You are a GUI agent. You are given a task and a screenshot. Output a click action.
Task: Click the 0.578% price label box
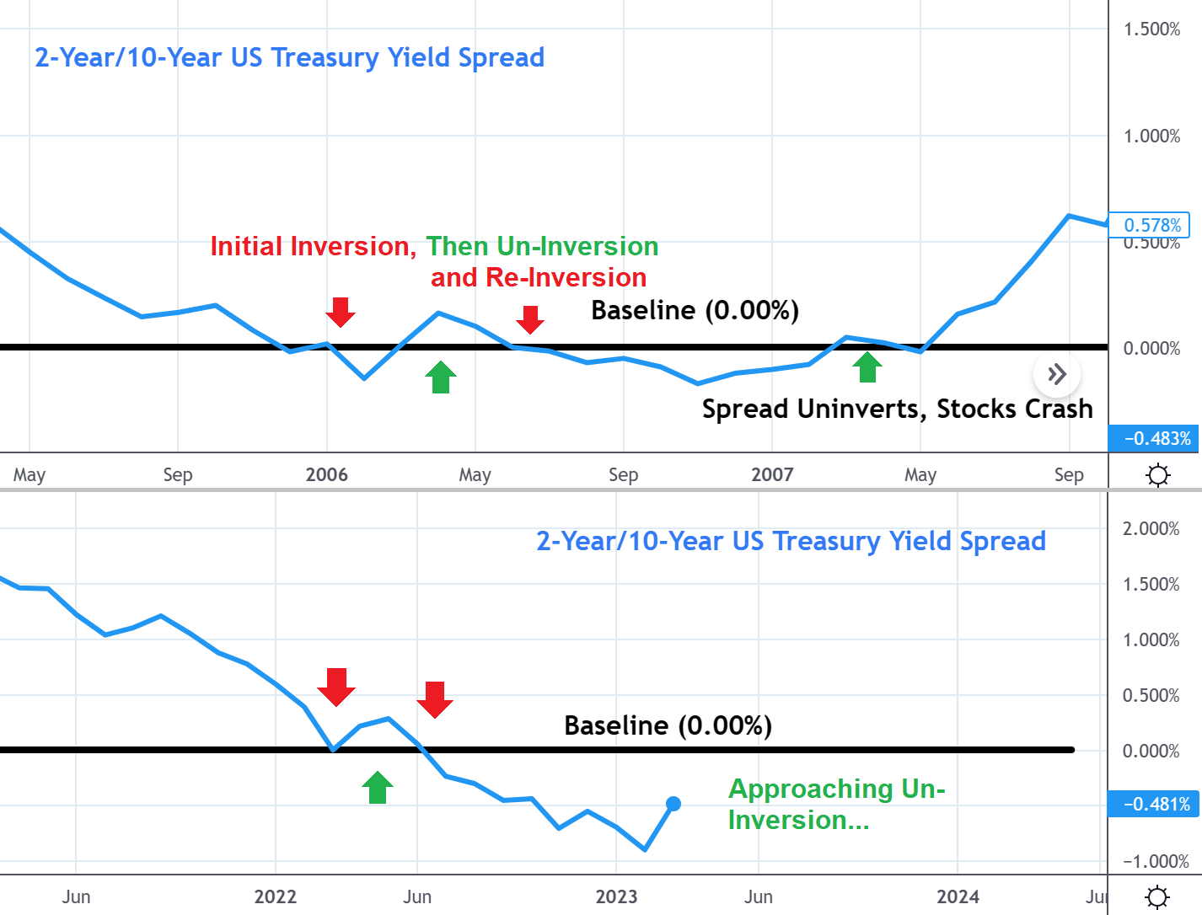coord(1149,225)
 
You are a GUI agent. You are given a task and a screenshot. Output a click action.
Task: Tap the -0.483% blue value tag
coord(1153,438)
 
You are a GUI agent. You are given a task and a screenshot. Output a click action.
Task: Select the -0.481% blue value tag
coord(1153,804)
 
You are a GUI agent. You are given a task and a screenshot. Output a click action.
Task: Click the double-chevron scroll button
coord(1057,374)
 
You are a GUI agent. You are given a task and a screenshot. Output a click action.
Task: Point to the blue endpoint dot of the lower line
coord(673,803)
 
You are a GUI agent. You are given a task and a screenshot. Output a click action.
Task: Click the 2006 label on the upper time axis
coord(326,474)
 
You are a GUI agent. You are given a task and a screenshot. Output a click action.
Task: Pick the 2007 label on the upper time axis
coord(772,474)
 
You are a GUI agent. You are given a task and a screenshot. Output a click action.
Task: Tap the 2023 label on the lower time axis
coord(617,897)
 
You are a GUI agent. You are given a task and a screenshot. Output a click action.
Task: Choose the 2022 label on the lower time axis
coord(276,897)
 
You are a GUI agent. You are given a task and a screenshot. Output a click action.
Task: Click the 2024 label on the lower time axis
coord(958,897)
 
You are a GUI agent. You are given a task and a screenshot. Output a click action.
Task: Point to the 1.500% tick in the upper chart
coord(1151,29)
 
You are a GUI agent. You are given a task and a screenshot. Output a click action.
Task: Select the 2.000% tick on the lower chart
coord(1151,528)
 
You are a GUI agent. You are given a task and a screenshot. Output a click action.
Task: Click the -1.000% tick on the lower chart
coord(1156,861)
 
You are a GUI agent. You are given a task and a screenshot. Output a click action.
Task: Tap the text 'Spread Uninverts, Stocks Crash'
coord(898,409)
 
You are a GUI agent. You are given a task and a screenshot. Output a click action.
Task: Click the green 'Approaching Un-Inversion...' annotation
coord(837,805)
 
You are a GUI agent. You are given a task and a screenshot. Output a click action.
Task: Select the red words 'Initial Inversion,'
coord(314,246)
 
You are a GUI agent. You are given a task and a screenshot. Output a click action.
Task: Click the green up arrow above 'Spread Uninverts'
coord(867,367)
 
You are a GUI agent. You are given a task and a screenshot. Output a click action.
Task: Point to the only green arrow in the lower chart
coord(378,788)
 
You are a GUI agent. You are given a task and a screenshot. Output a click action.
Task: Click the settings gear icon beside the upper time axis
coord(1157,474)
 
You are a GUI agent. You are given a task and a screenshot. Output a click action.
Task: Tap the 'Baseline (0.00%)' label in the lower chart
coord(668,725)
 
